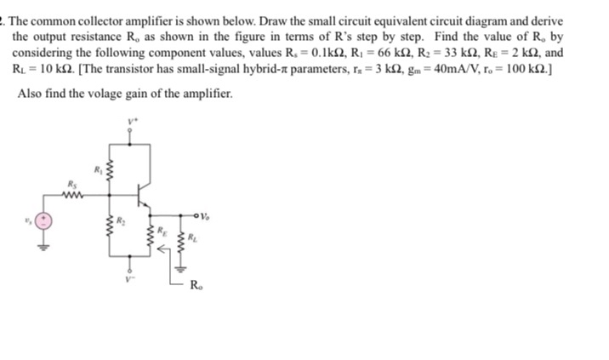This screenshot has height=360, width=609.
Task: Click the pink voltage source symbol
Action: click(44, 220)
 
